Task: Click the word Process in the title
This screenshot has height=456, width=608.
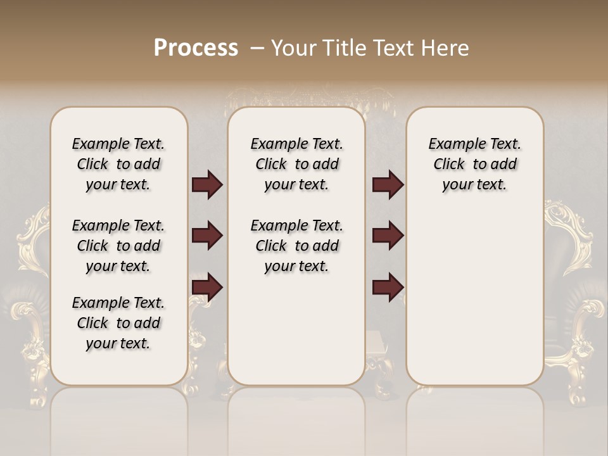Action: (x=196, y=48)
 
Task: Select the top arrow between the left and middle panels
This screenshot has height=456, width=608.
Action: (x=207, y=185)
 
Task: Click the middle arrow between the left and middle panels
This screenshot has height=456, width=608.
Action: (x=207, y=236)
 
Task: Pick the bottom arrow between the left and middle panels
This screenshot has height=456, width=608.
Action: (x=207, y=287)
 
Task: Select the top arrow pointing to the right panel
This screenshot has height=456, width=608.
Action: (x=388, y=185)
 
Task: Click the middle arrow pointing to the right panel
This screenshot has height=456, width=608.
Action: (x=388, y=236)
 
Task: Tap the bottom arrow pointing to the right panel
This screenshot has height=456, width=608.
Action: (x=388, y=287)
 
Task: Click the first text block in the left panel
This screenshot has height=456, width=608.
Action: (x=118, y=164)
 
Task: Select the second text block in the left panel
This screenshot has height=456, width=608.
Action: (x=118, y=246)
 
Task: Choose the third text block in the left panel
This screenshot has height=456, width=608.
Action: (x=118, y=323)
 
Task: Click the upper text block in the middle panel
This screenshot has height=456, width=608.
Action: (x=297, y=164)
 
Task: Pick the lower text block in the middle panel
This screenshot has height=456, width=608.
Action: (x=297, y=246)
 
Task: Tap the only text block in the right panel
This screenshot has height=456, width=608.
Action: (x=475, y=164)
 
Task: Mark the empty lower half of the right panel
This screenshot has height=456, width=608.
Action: (x=475, y=298)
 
